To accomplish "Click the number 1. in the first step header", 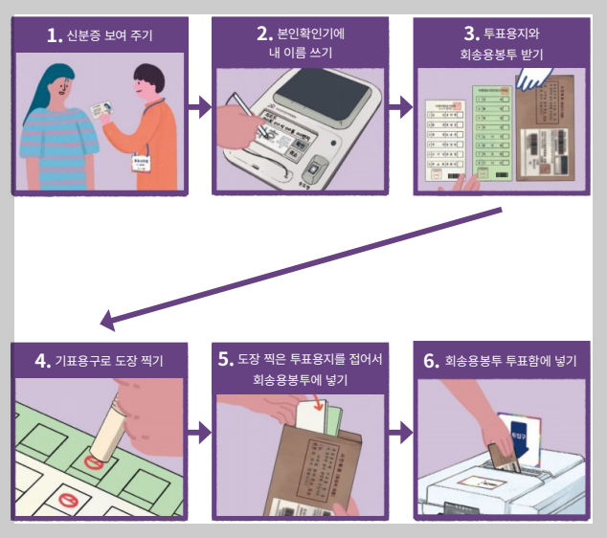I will [56, 37].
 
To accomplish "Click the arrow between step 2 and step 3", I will [401, 107].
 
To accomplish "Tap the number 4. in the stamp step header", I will [44, 361].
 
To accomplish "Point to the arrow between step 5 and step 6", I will [401, 434].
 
